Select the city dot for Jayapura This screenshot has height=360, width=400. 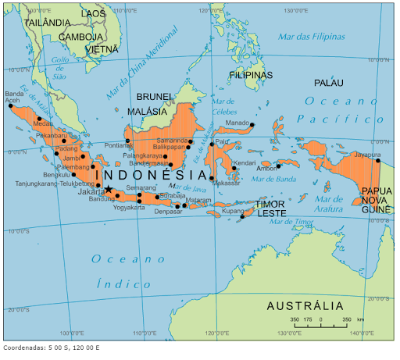378,162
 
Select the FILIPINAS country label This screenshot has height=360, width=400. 251,75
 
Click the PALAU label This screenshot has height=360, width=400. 328,83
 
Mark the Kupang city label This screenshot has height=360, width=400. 233,211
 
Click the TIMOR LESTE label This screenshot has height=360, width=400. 271,209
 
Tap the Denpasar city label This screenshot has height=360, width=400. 168,212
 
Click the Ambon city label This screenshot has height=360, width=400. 266,168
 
